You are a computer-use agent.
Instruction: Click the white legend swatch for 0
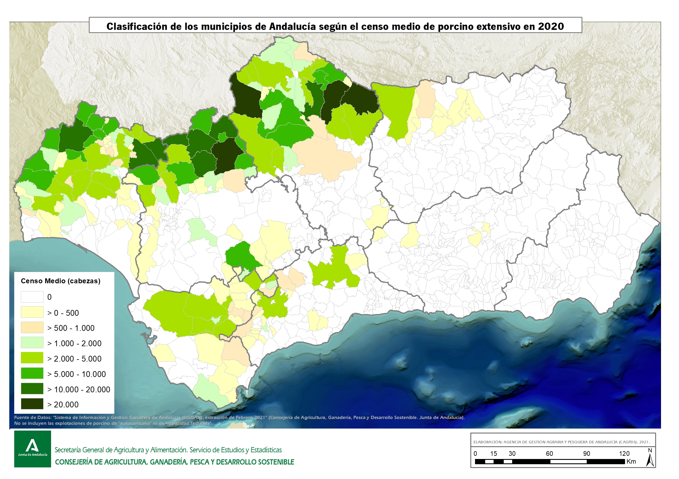tap(32, 297)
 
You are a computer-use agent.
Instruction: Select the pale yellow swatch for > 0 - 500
tap(32, 312)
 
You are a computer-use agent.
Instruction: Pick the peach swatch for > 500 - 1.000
tap(32, 327)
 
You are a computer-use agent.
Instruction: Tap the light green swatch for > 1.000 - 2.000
tap(32, 343)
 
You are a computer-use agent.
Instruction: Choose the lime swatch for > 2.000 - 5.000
tap(32, 358)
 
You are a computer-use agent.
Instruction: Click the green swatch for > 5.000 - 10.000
tap(32, 373)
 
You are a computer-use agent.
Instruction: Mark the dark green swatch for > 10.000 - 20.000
tap(32, 389)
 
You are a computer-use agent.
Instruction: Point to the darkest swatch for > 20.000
tap(32, 404)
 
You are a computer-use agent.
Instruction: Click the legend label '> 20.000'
tap(63, 404)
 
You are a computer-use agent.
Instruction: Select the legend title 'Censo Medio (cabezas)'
tap(61, 281)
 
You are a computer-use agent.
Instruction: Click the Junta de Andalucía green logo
tap(32, 449)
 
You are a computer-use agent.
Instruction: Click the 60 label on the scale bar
tap(549, 453)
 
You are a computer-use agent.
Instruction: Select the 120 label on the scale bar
tap(624, 453)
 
